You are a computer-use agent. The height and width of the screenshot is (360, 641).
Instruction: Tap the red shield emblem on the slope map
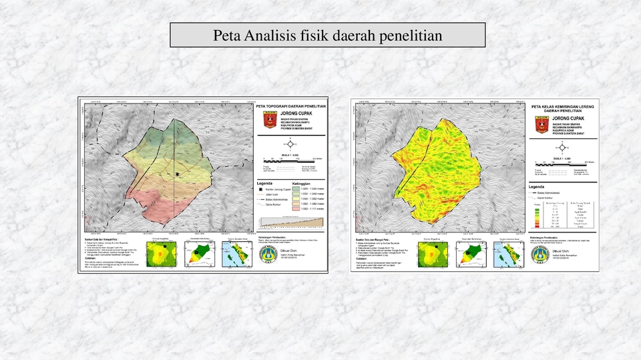click(x=542, y=124)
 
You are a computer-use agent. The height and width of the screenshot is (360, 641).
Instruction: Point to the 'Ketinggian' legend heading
click(x=304, y=183)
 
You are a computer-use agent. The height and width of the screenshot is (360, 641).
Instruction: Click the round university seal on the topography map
click(x=266, y=252)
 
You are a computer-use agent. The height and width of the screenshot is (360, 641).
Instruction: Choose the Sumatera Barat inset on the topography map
click(x=236, y=253)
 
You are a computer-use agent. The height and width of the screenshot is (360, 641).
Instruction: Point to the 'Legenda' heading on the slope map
click(x=542, y=186)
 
